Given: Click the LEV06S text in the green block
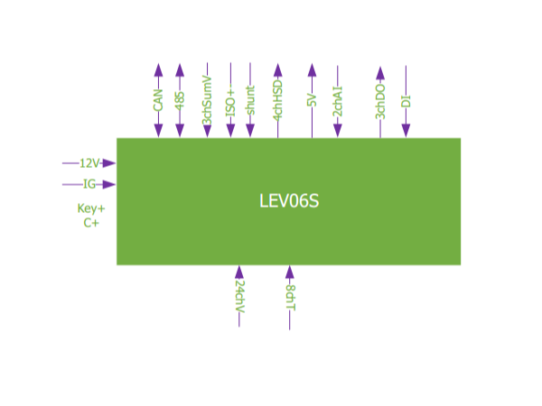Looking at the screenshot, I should pos(289,201).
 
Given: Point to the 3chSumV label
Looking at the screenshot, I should pos(207,100).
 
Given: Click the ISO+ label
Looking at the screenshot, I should pos(230,100).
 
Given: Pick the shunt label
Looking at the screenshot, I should pos(250,100).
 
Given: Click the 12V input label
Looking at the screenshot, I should pos(89,163).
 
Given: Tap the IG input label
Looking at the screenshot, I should pos(89,184).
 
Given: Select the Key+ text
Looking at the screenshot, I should pos(91,208).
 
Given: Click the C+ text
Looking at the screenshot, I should pos(91,223).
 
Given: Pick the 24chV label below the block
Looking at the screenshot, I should pos(239,296).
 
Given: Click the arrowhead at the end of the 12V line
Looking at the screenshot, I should pos(109,163).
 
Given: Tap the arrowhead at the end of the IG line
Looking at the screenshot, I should pos(109,184).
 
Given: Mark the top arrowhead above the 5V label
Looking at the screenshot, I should pos(312,69).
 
